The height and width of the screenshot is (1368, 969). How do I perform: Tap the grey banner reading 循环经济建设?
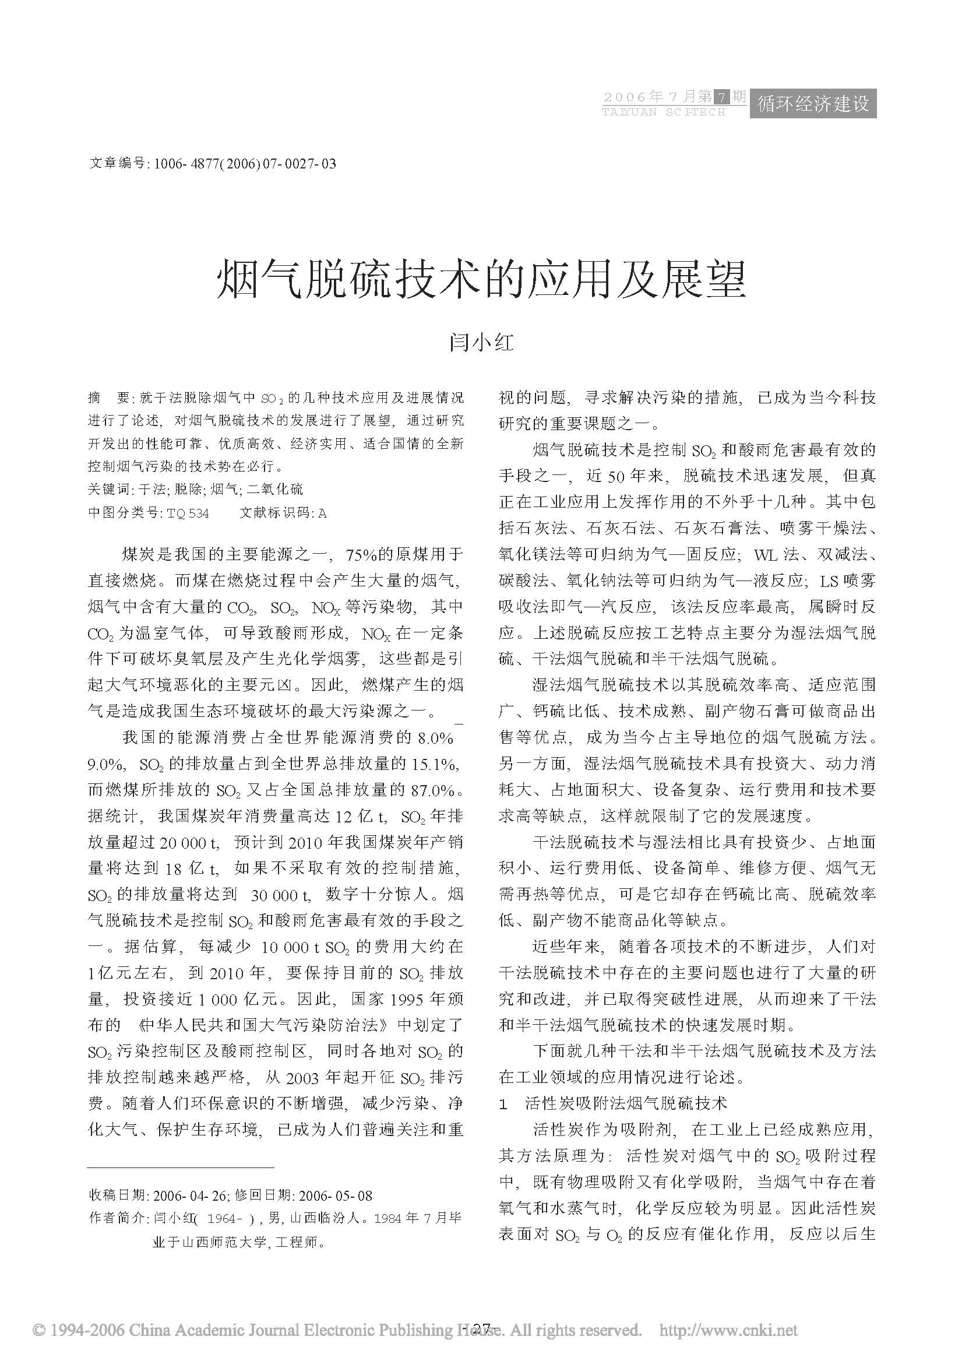click(813, 104)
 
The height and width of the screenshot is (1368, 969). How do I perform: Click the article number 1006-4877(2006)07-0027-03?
click(245, 163)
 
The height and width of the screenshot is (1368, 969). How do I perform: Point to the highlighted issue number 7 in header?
click(723, 97)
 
